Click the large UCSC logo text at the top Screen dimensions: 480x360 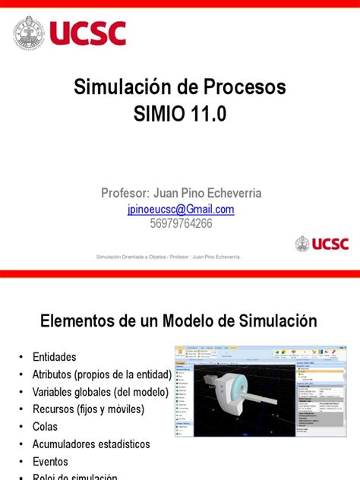click(x=87, y=33)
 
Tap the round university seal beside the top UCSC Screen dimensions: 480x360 click(x=28, y=33)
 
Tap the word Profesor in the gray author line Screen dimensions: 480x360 click(x=125, y=193)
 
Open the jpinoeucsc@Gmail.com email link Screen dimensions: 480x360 click(x=180, y=209)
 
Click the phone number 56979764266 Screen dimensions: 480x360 click(x=180, y=223)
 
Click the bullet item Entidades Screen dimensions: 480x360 click(x=55, y=356)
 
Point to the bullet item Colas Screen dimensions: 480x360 click(x=45, y=427)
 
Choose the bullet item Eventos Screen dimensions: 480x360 click(x=50, y=461)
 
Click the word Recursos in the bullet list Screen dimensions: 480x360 click(x=55, y=409)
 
